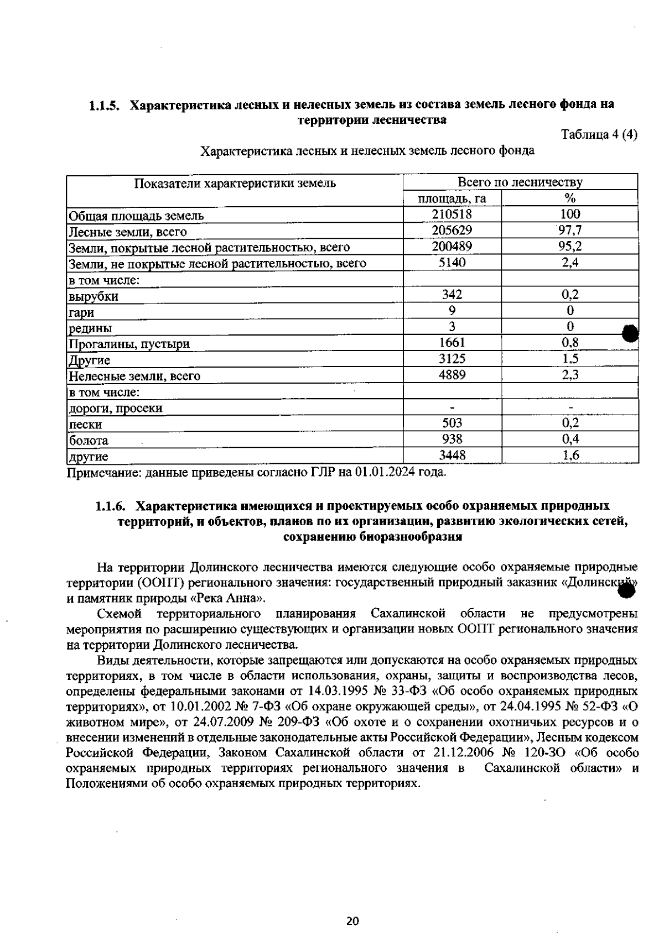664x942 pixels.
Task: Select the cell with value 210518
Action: click(x=452, y=214)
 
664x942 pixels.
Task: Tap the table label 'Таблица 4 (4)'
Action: click(x=599, y=135)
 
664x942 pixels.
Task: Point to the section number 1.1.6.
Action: click(x=111, y=506)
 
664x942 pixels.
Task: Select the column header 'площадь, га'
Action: click(x=452, y=198)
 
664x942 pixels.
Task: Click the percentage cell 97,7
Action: click(x=570, y=231)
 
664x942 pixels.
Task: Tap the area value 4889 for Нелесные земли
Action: click(x=452, y=375)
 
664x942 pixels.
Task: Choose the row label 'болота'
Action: click(x=88, y=441)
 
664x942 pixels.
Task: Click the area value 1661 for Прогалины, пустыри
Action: click(x=452, y=343)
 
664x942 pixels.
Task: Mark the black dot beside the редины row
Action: click(x=631, y=333)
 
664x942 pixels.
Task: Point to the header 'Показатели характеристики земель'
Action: click(x=235, y=183)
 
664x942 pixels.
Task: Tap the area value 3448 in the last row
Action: click(x=452, y=456)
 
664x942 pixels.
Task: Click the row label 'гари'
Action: click(x=81, y=312)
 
